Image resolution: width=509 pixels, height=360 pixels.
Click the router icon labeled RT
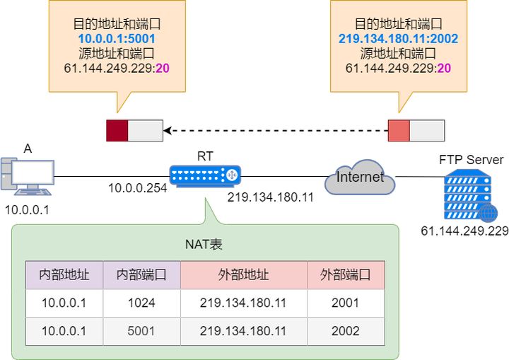205,174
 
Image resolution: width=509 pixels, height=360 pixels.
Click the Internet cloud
360,178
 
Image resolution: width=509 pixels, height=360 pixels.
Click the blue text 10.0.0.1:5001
117,37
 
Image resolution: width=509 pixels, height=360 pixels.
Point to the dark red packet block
117,130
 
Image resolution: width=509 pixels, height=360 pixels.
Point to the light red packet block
399,130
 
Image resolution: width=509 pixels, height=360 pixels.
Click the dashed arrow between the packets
276,130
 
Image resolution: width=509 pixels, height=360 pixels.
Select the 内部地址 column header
64,274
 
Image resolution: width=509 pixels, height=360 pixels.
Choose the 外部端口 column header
346,274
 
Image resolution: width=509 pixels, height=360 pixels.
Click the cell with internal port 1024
141,303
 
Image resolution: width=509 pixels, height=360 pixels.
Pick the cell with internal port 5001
141,330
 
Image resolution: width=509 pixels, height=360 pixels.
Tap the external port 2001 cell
346,303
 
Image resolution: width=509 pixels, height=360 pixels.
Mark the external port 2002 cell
346,330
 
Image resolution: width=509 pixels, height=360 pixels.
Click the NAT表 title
205,244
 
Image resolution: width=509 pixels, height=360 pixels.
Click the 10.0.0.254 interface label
137,188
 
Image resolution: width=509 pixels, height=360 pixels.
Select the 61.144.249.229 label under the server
464,231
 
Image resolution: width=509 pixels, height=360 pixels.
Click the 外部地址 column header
244,274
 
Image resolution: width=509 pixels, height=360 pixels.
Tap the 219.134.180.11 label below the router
270,197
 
